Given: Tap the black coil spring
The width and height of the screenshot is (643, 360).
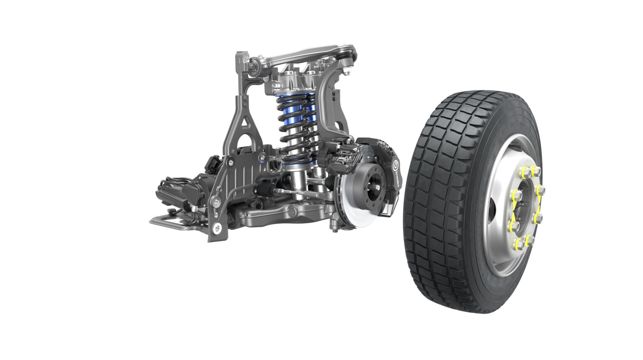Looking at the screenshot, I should (295, 126).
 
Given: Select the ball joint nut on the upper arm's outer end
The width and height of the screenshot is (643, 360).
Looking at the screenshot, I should (347, 72).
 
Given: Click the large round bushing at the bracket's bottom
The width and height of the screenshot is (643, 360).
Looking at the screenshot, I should (217, 228).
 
